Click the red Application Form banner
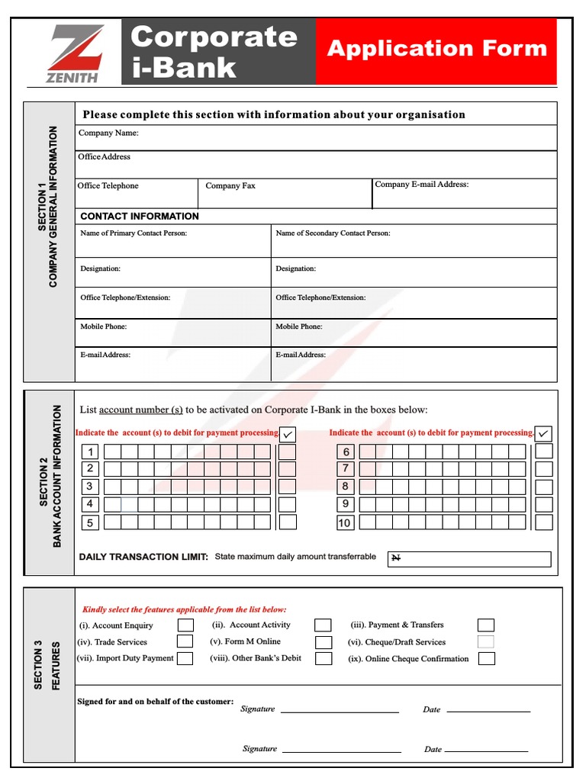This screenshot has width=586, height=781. coord(436,50)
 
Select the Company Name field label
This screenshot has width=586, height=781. coord(108,133)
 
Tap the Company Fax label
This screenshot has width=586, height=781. coord(230,185)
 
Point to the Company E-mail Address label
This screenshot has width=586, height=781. coord(422,184)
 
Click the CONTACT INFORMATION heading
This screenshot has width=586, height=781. coord(140,216)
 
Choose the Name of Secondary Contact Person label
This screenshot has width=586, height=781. coord(333,233)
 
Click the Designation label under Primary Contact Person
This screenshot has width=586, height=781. coord(101,268)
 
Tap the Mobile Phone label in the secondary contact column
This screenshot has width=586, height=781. coord(299,326)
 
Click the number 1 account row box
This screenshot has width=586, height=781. coord(90,452)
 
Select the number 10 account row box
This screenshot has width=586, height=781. coord(345,522)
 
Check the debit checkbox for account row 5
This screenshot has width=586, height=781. coord(287,522)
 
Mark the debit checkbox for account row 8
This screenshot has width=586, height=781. coord(543,487)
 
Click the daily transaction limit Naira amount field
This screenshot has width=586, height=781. coord(468,558)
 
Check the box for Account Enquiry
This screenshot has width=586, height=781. coord(185,625)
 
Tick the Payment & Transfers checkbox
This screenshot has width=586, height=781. coord(485,625)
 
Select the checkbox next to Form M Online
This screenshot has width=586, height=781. coord(324,642)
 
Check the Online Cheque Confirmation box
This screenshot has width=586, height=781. coord(486,658)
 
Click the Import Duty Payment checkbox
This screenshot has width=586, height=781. coord(185,658)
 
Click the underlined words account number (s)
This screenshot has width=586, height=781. coord(141,410)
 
